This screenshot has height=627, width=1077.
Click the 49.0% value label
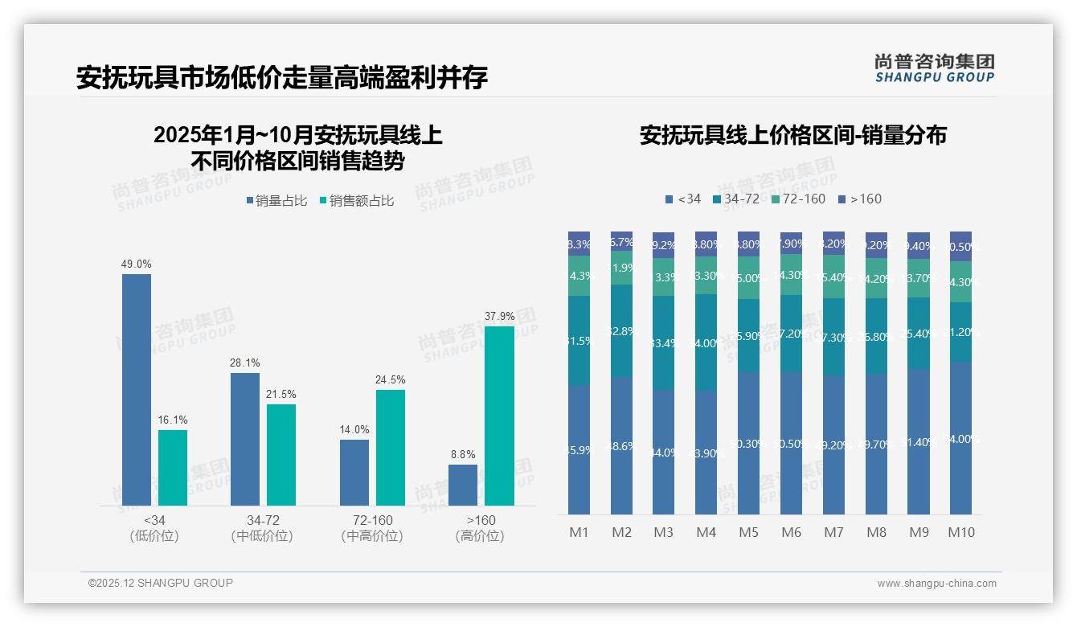coord(137,264)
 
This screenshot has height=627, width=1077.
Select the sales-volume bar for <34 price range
coord(137,390)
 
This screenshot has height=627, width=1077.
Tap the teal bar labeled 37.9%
coord(499,416)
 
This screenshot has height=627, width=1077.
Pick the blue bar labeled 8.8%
coord(463,485)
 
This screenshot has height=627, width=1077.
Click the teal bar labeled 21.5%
coord(281,454)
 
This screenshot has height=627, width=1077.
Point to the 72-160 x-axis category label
coord(372,527)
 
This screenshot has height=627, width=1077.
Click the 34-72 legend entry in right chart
coord(735,199)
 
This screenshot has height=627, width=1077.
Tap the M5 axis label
coord(748,532)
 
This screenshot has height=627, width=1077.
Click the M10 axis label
coord(960,532)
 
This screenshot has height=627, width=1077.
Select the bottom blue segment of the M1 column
coord(579,449)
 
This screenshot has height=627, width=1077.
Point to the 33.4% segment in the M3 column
coord(663,343)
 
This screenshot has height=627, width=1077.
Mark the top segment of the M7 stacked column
coord(833,243)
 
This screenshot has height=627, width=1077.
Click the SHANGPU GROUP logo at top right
coord(934,68)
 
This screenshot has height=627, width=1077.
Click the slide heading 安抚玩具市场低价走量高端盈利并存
coord(282,78)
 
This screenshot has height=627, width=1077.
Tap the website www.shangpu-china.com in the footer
coord(936,584)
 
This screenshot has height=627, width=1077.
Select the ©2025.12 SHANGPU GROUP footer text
coord(161,583)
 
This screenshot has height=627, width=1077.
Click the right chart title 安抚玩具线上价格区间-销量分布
coord(792,135)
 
